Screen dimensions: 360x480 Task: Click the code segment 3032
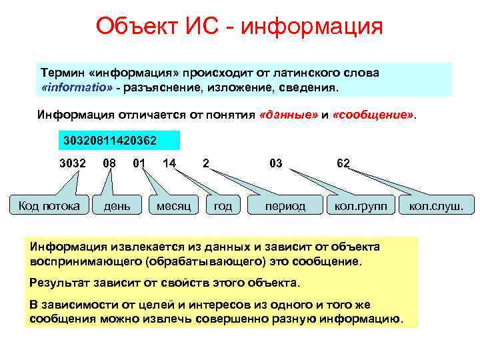pyautogui.click(x=72, y=163)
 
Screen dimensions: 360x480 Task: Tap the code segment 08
pyautogui.click(x=110, y=163)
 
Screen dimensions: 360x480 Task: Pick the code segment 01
pyautogui.click(x=139, y=163)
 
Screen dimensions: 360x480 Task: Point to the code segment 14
pyautogui.click(x=169, y=163)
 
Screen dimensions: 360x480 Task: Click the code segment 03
pyautogui.click(x=275, y=163)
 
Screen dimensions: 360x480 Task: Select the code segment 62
pyautogui.click(x=343, y=163)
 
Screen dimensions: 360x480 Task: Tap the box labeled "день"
pyautogui.click(x=117, y=206)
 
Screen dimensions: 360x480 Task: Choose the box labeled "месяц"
pyautogui.click(x=173, y=206)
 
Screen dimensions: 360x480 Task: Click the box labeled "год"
pyautogui.click(x=223, y=206)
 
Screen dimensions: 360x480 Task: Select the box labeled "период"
pyautogui.click(x=285, y=206)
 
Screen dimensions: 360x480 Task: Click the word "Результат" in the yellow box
pyautogui.click(x=57, y=283)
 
